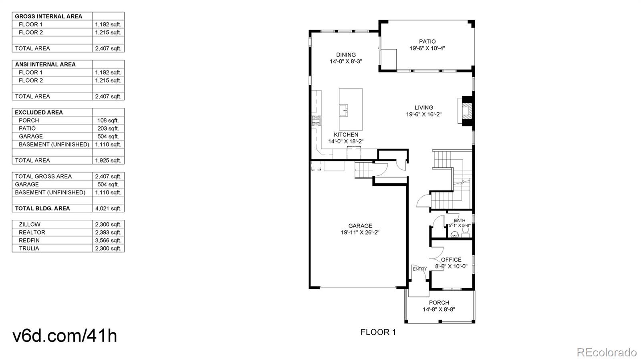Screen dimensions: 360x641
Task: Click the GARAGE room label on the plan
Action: tap(360, 225)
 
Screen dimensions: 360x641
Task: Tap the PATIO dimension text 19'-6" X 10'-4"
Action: tap(427, 48)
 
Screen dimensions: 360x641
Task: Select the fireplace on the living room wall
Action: tap(467, 111)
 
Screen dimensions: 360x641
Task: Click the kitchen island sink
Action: tap(344, 110)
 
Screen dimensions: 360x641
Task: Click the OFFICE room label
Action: tap(451, 259)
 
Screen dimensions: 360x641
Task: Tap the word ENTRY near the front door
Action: tap(419, 269)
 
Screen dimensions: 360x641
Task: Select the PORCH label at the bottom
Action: tap(439, 302)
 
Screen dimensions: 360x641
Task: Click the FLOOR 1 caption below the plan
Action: tap(378, 332)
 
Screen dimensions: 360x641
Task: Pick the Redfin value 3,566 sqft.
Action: tap(108, 240)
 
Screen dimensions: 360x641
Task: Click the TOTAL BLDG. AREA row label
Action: tap(42, 208)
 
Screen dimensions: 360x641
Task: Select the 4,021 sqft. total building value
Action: tap(108, 208)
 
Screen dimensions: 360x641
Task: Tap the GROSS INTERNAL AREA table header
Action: tap(48, 16)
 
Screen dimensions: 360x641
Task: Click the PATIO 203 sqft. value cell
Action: tap(108, 128)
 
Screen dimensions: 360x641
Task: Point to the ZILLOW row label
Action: tap(30, 224)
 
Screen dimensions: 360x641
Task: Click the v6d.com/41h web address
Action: tap(65, 336)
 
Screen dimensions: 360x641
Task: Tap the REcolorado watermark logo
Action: tap(607, 352)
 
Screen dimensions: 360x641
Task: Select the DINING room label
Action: tap(346, 55)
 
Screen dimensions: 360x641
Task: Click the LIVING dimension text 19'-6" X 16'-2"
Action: tap(423, 114)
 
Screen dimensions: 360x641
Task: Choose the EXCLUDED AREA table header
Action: tap(39, 113)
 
